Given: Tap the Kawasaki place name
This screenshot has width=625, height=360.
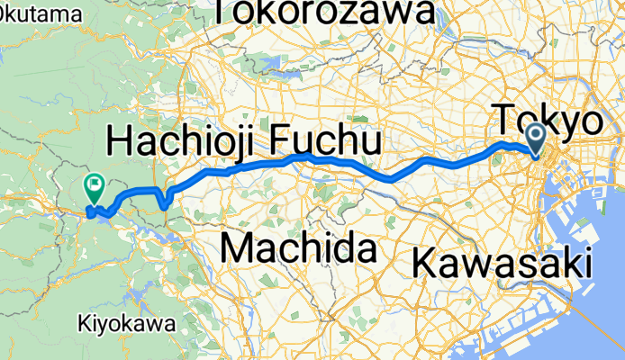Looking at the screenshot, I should (x=503, y=264).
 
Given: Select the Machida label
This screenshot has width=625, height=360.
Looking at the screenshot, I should (x=297, y=247).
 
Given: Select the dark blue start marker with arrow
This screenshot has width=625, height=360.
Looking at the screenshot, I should (x=536, y=139).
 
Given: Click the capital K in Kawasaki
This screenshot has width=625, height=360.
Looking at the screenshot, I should (x=426, y=264).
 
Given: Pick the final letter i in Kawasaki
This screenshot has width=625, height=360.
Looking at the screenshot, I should (x=586, y=263).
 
